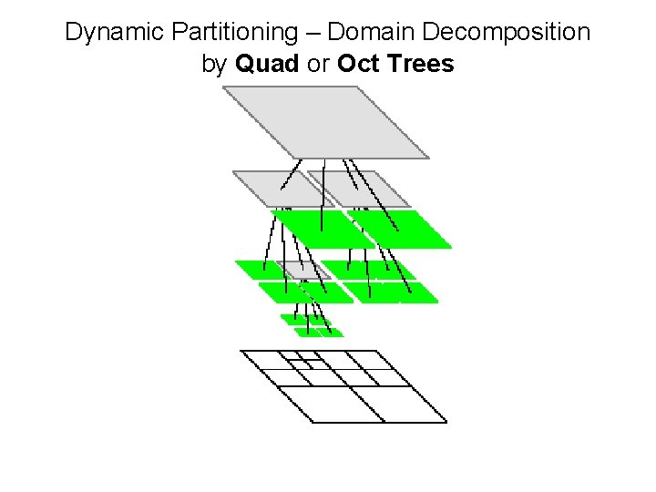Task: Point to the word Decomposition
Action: (x=502, y=34)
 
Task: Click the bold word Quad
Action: (x=264, y=65)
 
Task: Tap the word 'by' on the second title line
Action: (x=214, y=65)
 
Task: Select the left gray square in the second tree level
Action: (x=273, y=188)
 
